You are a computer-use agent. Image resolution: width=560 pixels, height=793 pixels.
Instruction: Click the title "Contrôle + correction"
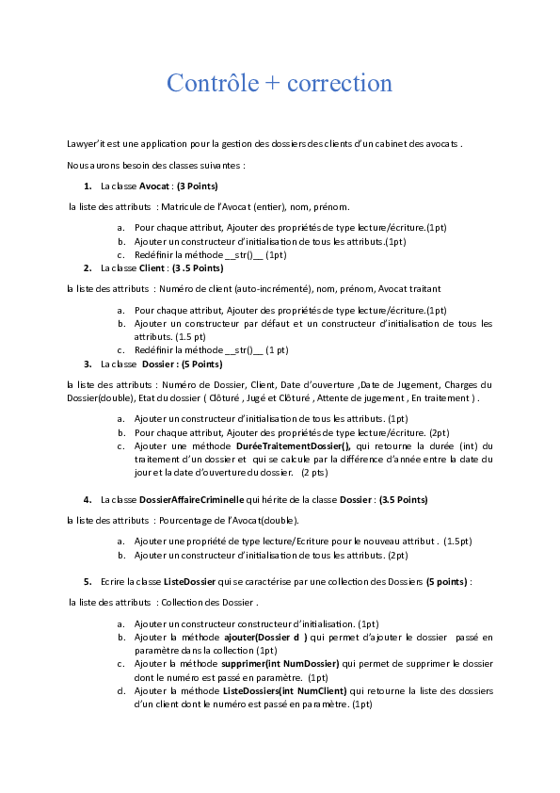click(280, 83)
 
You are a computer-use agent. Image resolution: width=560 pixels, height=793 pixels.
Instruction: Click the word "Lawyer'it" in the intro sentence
click(84, 144)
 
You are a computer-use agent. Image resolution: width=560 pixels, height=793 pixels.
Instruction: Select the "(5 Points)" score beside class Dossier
click(201, 364)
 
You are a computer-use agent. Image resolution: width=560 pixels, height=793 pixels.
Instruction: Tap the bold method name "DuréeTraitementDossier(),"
click(291, 445)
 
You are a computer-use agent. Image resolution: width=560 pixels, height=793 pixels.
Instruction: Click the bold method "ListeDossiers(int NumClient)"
click(290, 690)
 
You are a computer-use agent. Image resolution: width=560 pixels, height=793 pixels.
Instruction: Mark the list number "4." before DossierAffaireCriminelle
click(88, 498)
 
